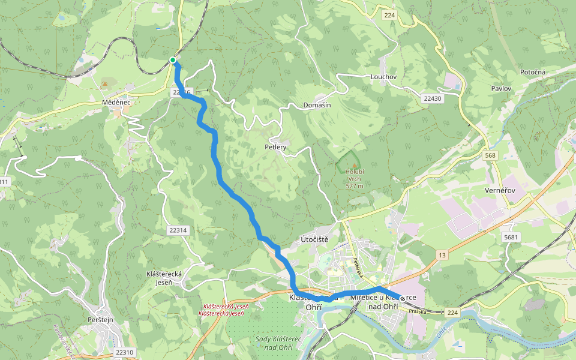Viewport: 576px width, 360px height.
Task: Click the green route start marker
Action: pos(173,60)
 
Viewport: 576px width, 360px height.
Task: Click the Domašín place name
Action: pos(316,105)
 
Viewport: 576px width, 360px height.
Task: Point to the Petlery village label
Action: pos(275,146)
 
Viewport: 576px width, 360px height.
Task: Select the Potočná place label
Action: pos(533,72)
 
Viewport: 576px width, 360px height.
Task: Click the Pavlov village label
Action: pos(500,88)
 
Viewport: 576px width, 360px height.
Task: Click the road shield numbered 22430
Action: pos(431,98)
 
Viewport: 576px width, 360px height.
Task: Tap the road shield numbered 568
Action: pos(491,155)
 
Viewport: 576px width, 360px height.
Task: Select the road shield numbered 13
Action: pos(442,256)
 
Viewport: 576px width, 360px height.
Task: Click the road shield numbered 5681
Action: pos(511,238)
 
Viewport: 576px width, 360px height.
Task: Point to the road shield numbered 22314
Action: pos(178,230)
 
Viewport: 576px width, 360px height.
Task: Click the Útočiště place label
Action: pos(314,239)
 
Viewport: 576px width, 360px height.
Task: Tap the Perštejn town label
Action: pos(100,320)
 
